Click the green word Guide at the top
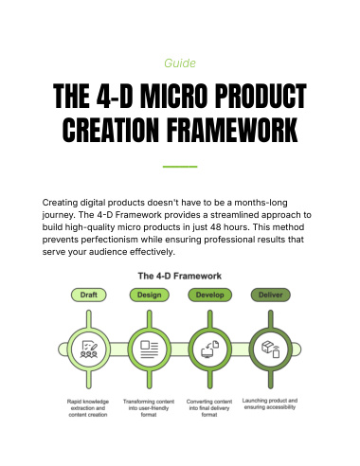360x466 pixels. pyautogui.click(x=180, y=63)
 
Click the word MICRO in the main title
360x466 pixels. pyautogui.click(x=173, y=96)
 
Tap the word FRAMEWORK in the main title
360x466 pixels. pyautogui.click(x=232, y=130)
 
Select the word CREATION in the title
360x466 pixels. pyautogui.click(x=111, y=130)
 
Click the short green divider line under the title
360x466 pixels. pyautogui.click(x=180, y=167)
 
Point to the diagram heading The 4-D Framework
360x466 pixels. pyautogui.click(x=180, y=276)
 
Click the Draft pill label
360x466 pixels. pyautogui.click(x=88, y=295)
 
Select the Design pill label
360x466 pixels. pyautogui.click(x=150, y=295)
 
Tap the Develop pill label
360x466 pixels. pyautogui.click(x=210, y=295)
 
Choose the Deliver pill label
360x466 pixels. pyautogui.click(x=271, y=295)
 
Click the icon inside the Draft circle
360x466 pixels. pyautogui.click(x=89, y=349)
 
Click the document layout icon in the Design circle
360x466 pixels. pyautogui.click(x=150, y=349)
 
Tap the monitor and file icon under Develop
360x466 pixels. pyautogui.click(x=210, y=349)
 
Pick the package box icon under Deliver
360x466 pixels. pyautogui.click(x=271, y=349)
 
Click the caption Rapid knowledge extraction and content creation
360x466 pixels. pyautogui.click(x=88, y=408)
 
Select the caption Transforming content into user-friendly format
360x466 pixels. pyautogui.click(x=149, y=408)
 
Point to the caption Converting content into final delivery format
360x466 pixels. pyautogui.click(x=209, y=408)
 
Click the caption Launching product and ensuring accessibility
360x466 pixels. pyautogui.click(x=270, y=403)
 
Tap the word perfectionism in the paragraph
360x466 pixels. pyautogui.click(x=110, y=240)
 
